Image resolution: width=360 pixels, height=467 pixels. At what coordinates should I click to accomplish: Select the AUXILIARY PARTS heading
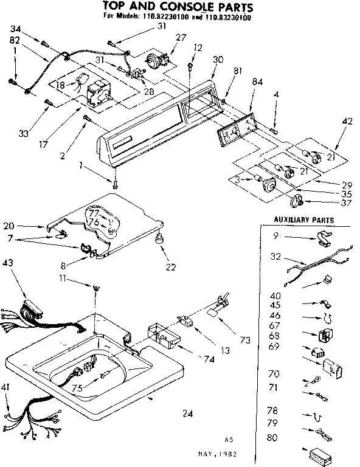(x=303, y=220)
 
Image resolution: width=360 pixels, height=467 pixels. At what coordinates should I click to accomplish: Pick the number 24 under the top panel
(x=187, y=414)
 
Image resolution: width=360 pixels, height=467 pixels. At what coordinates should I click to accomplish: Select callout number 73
(x=245, y=340)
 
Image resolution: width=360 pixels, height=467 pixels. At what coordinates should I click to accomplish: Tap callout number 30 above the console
(x=218, y=60)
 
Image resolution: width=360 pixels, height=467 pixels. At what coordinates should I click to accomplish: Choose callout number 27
(x=181, y=37)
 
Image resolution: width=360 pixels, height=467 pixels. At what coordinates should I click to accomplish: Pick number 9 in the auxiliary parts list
(x=275, y=236)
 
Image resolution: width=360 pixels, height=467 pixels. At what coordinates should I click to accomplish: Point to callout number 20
(x=8, y=225)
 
